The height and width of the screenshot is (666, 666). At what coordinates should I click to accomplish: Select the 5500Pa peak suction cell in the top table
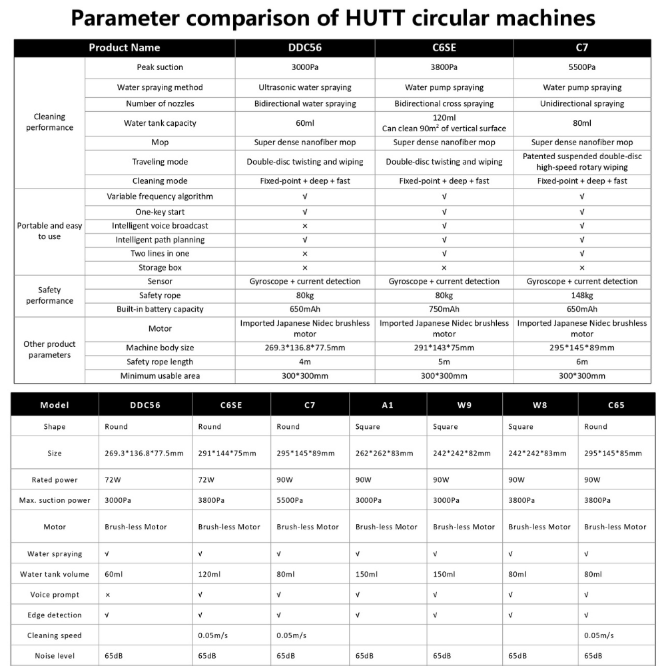pos(582,67)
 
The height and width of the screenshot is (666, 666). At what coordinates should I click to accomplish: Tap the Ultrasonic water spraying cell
pos(305,87)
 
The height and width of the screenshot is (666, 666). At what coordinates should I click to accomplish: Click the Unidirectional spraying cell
pos(582,104)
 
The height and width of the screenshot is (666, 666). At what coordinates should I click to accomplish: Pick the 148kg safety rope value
pos(582,295)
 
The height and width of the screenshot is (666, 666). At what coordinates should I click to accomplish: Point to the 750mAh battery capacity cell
pos(444,309)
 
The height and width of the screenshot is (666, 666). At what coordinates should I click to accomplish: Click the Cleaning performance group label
pos(49,123)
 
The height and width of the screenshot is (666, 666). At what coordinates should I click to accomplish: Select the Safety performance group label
pos(49,295)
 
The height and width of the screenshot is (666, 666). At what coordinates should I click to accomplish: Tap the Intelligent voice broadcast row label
pos(160,226)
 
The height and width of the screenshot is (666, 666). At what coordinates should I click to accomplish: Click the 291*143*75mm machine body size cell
pos(444,348)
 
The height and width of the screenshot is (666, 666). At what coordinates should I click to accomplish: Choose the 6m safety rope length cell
pos(582,362)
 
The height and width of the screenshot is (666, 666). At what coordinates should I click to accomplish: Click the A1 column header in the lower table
pos(388,405)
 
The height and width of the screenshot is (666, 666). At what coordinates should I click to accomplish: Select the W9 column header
pos(465,405)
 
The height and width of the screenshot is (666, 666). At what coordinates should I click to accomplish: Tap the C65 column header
pos(616,405)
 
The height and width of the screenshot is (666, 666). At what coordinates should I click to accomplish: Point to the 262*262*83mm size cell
pos(384,454)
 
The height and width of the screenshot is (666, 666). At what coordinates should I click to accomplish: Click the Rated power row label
pos(55,480)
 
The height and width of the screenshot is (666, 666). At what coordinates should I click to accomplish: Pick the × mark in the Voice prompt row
pos(108,595)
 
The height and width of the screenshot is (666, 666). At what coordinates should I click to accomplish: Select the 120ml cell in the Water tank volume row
pos(209,574)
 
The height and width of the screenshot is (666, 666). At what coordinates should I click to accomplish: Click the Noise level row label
pos(55,656)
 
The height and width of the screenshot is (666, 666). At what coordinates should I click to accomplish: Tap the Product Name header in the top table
pos(125,48)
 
